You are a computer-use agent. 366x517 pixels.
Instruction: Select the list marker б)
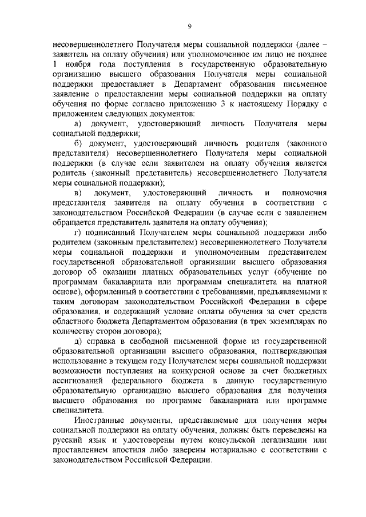[79, 143]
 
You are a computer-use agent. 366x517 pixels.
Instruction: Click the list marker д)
[79, 341]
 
